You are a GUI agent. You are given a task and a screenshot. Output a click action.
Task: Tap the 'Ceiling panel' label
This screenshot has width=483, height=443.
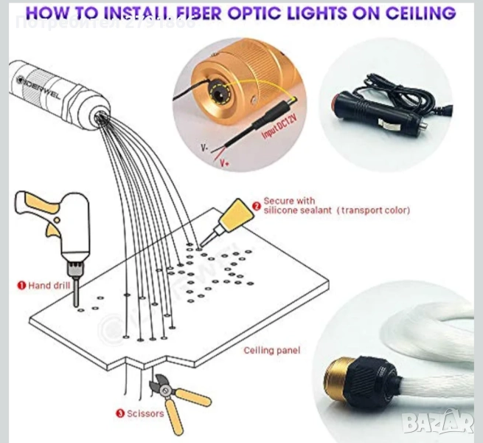272,350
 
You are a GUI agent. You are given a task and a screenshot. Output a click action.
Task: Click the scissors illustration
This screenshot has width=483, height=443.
177,399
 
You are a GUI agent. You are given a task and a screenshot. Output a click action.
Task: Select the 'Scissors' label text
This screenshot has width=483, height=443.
144,413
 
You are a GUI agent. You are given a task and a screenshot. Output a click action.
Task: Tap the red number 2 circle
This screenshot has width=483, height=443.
256,206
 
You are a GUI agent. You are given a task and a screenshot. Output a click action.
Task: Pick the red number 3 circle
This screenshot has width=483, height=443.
119,413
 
